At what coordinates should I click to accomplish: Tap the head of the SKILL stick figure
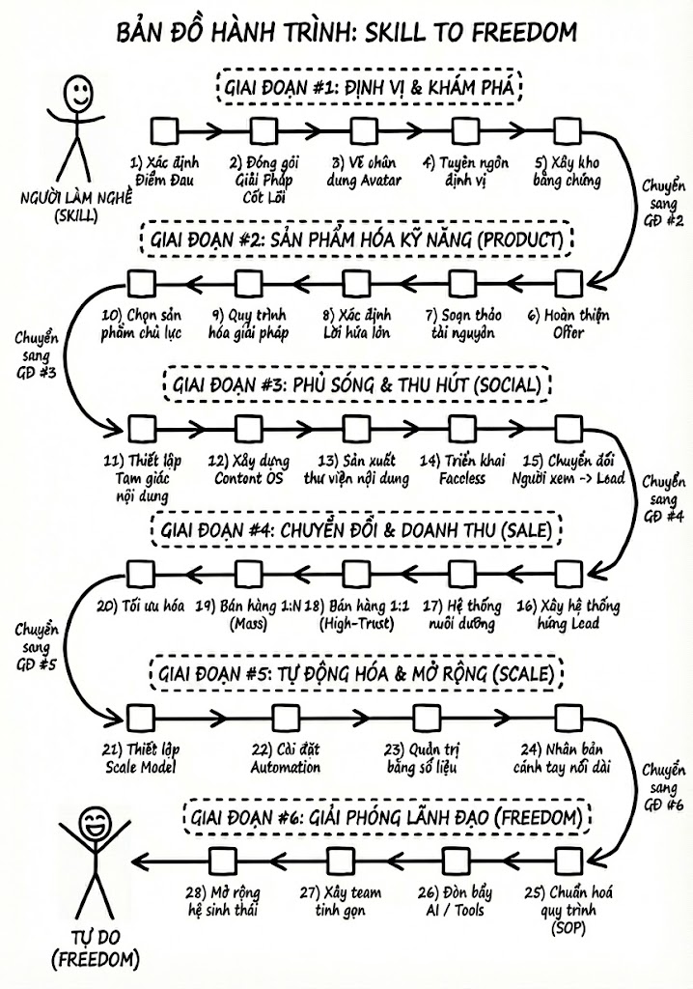click(x=77, y=94)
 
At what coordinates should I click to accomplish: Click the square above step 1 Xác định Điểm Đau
click(x=164, y=129)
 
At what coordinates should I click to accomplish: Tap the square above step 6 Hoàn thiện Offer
click(x=568, y=282)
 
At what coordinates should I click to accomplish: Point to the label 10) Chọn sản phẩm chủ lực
click(x=140, y=325)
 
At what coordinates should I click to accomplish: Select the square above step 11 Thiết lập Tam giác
click(x=139, y=426)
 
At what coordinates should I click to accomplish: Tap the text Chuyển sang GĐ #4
click(x=662, y=498)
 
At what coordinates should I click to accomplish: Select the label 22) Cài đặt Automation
click(x=287, y=758)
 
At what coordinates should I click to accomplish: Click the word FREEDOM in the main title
click(x=520, y=33)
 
